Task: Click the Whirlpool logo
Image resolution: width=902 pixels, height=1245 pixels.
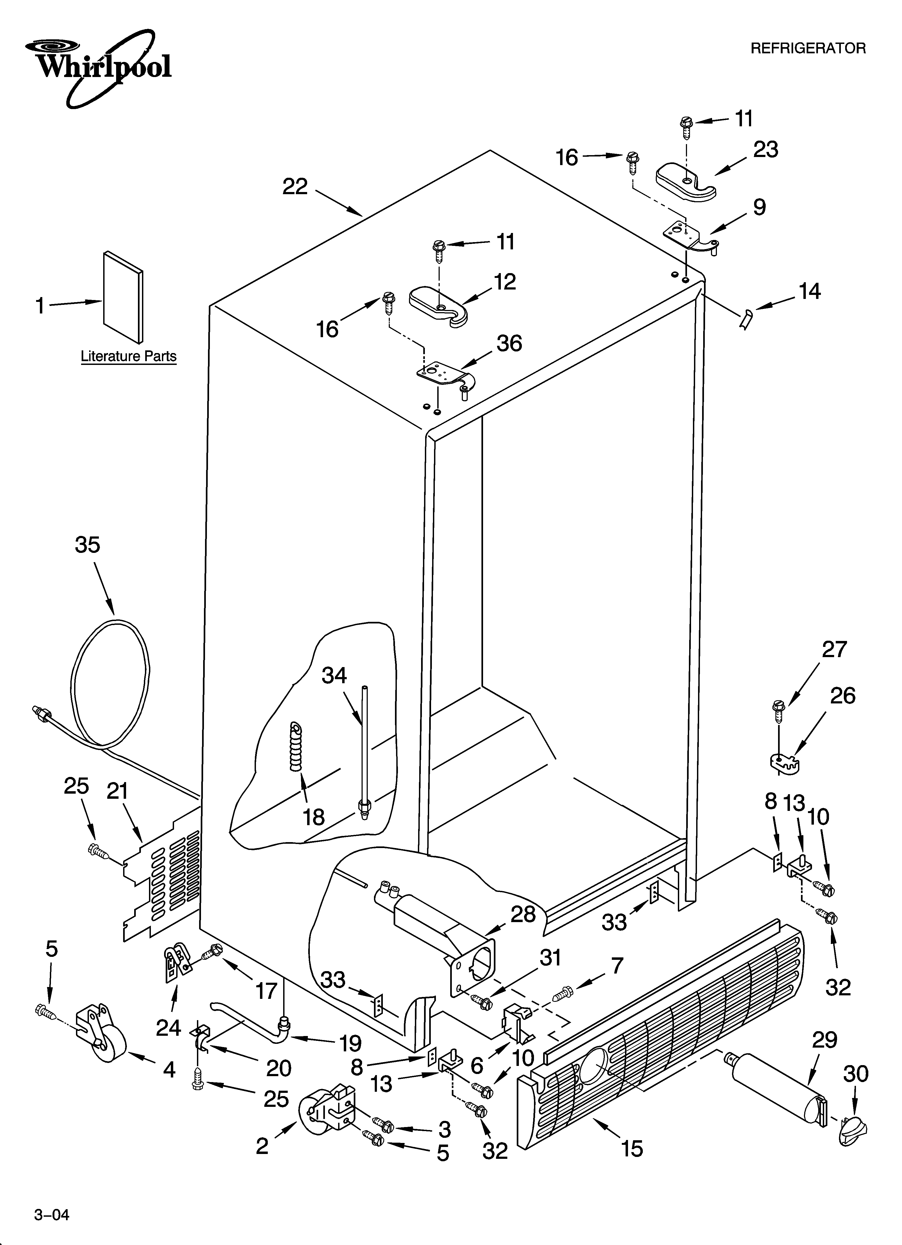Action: tap(99, 66)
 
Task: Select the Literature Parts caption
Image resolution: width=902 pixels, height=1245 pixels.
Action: tap(129, 356)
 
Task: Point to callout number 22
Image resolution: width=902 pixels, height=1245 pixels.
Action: tap(295, 187)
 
